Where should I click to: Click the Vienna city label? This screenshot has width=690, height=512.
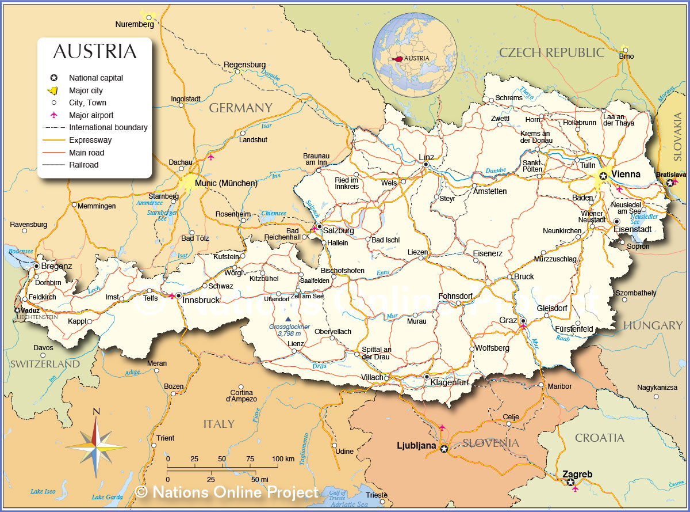click(x=626, y=174)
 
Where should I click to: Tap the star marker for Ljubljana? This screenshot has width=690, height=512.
click(x=443, y=448)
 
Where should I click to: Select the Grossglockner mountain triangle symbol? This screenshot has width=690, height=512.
click(x=288, y=318)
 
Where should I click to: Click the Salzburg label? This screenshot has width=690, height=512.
click(x=339, y=230)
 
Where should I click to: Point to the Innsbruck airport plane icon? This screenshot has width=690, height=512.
click(x=171, y=296)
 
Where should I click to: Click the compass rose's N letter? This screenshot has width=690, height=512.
click(x=97, y=411)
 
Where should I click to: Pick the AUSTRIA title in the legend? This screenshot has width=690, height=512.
click(x=95, y=51)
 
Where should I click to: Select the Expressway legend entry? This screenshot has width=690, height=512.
click(x=90, y=140)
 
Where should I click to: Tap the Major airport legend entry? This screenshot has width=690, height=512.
click(x=91, y=115)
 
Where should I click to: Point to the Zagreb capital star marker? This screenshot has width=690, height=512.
click(x=570, y=483)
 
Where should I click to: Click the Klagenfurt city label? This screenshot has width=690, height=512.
click(x=450, y=382)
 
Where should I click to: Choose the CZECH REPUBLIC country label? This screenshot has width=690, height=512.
click(x=551, y=52)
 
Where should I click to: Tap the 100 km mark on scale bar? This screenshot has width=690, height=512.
click(x=282, y=458)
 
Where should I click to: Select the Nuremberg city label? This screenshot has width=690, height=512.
click(x=135, y=25)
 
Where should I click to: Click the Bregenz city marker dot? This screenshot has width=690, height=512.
click(x=37, y=266)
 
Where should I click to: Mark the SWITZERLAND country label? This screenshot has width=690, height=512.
click(x=45, y=364)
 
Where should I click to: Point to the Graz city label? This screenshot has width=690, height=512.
click(x=508, y=320)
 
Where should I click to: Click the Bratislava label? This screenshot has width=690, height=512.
click(x=671, y=175)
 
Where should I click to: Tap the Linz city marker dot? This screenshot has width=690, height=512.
click(x=426, y=165)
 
